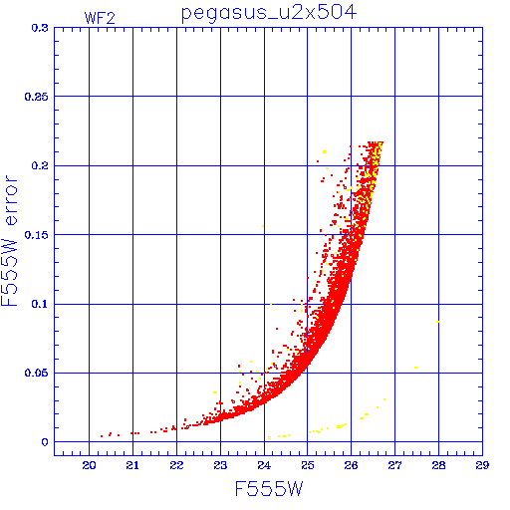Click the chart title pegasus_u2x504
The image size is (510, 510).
click(269, 13)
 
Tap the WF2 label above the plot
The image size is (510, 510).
click(100, 18)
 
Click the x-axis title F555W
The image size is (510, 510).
click(269, 489)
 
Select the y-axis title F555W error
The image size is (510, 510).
click(9, 241)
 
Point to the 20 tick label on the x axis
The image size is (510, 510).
click(89, 465)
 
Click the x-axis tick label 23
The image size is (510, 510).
click(220, 465)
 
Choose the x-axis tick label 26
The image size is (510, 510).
click(351, 465)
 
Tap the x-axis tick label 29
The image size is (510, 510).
click(482, 465)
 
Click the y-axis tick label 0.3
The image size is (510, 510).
click(40, 28)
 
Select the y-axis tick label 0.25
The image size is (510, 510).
click(37, 97)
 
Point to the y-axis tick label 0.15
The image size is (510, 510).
click(37, 235)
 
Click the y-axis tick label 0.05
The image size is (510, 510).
click(37, 373)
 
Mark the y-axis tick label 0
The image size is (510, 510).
click(45, 442)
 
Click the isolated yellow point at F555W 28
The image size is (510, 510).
click(438, 322)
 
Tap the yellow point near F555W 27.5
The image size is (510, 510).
click(416, 368)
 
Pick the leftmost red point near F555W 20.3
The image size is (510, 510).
click(102, 436)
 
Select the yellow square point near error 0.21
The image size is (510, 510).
click(324, 152)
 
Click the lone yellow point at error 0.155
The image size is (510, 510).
click(263, 226)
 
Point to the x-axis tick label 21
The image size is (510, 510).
click(132, 465)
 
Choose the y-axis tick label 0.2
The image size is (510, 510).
click(40, 165)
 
